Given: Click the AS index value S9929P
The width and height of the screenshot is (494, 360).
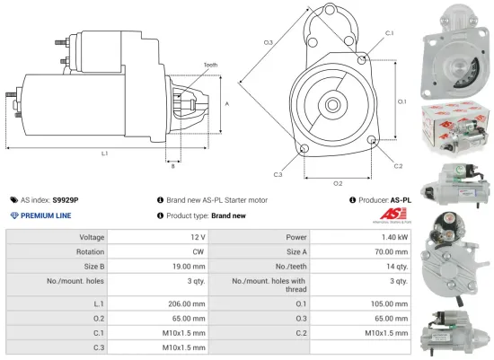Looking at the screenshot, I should (x=66, y=200).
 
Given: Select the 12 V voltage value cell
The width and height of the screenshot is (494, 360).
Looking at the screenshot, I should (x=194, y=237).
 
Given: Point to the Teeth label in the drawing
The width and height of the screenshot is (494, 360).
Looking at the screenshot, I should (x=210, y=66).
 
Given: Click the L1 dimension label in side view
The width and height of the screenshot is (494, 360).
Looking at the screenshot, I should (x=105, y=154).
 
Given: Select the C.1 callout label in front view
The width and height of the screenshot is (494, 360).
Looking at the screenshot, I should (x=389, y=32).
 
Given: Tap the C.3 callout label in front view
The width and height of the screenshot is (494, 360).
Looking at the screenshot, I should (x=278, y=174).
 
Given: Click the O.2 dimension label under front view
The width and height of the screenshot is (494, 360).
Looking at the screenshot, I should (x=338, y=183).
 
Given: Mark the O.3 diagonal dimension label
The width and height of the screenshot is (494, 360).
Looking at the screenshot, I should (x=268, y=43).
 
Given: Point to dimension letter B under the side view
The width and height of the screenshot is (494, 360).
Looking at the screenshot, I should (x=173, y=166).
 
